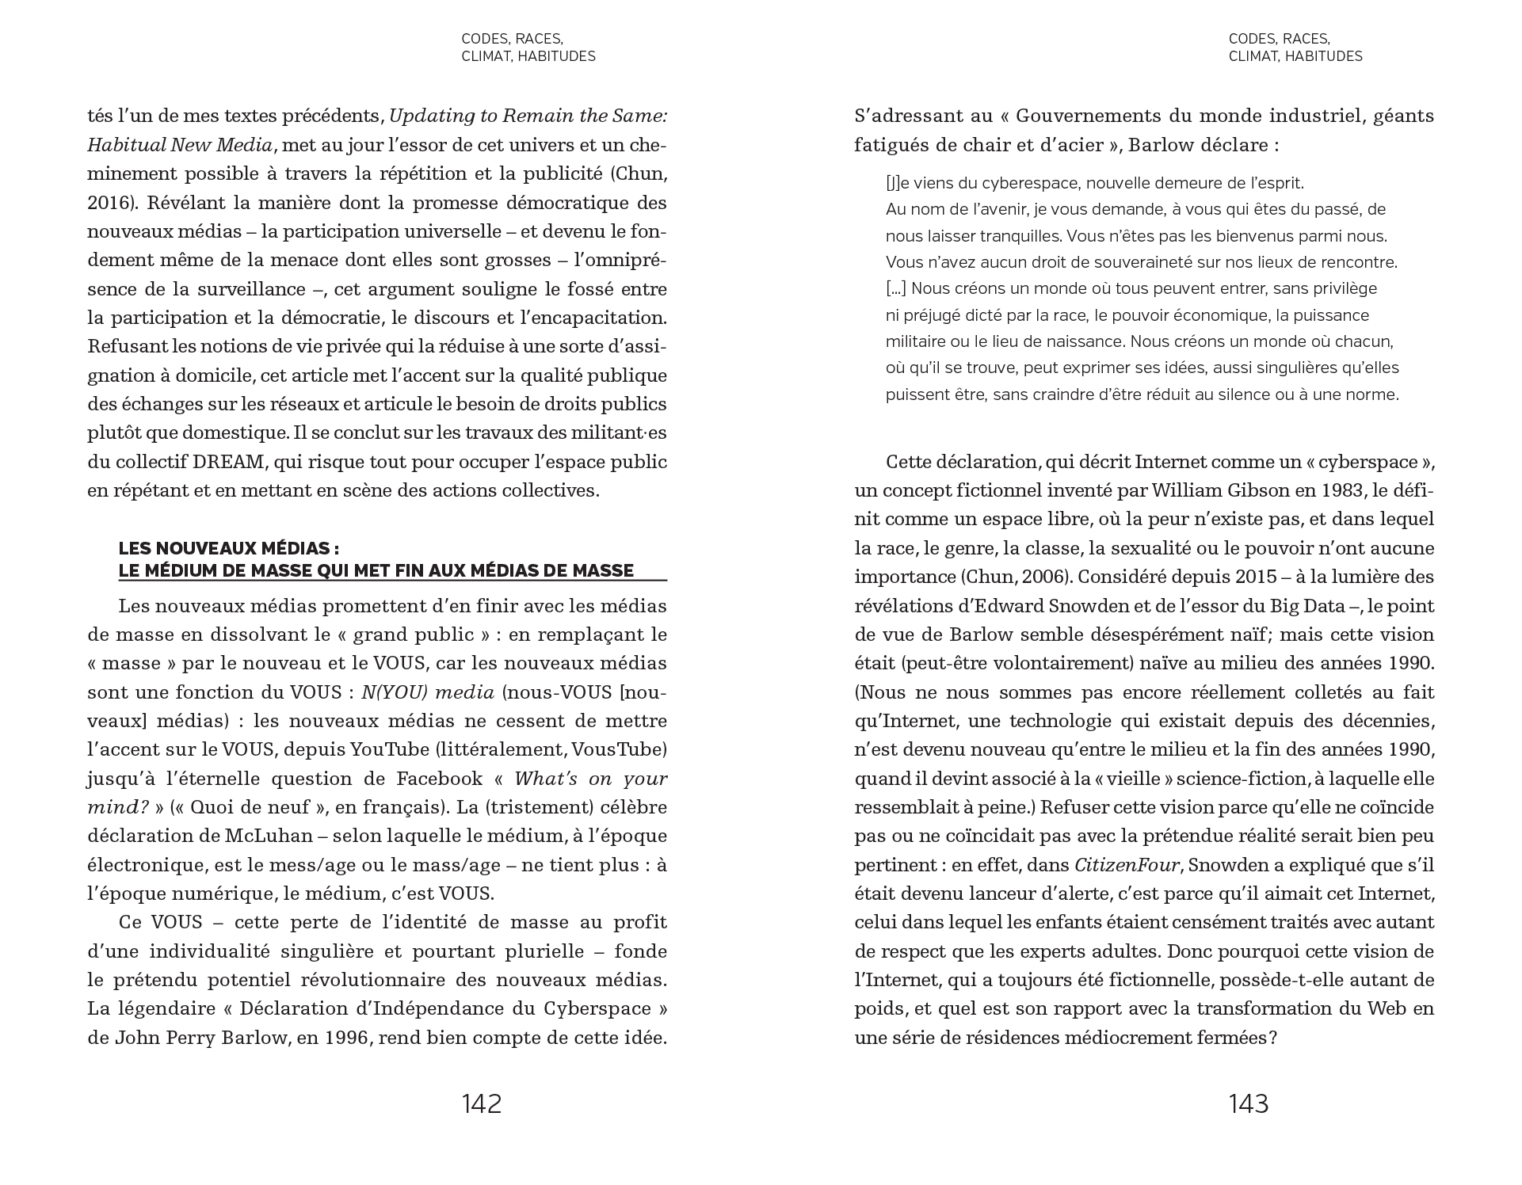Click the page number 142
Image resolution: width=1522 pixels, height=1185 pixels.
click(x=482, y=1103)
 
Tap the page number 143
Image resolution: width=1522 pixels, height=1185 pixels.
click(x=1249, y=1103)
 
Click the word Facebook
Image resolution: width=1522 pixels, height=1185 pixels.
click(x=440, y=779)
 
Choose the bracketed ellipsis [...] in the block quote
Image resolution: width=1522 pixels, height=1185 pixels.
click(x=895, y=289)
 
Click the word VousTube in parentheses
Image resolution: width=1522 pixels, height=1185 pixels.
click(x=622, y=749)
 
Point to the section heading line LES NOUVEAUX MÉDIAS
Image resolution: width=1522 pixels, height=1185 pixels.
click(x=229, y=548)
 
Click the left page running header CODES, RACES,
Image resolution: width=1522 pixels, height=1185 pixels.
click(x=512, y=39)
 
